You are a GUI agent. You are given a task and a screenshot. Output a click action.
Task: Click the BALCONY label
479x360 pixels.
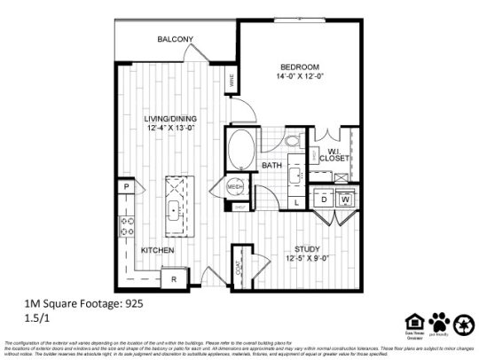tap(176, 40)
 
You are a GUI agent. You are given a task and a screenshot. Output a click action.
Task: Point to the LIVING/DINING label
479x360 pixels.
tap(171, 119)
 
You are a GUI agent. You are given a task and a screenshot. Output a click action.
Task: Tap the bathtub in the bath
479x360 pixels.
tap(240, 148)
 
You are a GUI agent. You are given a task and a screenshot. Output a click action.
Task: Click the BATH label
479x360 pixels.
tap(272, 166)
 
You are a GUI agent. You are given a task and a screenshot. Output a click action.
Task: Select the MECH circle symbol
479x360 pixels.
tap(235, 186)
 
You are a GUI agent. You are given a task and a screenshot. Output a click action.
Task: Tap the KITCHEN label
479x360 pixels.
tap(157, 250)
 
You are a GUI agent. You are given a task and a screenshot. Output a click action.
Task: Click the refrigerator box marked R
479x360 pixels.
tap(174, 280)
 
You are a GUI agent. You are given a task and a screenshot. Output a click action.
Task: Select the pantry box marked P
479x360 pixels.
tap(127, 187)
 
